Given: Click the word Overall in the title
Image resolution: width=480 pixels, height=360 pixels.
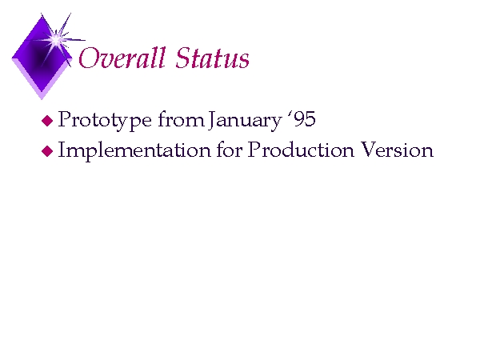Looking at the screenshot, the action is tap(122, 58).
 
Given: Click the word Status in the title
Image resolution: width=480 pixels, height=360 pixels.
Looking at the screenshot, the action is tap(213, 58).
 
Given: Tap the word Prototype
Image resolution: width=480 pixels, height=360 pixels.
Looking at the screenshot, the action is tap(105, 121).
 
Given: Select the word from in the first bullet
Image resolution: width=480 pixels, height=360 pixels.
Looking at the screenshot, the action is tap(181, 119).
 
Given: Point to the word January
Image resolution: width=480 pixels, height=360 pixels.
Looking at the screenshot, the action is tap(245, 121).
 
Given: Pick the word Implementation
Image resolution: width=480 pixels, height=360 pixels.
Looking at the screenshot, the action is tap(134, 150).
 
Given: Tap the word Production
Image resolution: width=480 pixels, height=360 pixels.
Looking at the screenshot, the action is tap(301, 150).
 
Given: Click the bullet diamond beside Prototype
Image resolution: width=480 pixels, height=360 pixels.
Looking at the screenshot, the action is tap(47, 121).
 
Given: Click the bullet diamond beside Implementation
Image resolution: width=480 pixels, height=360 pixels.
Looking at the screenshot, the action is tap(47, 151).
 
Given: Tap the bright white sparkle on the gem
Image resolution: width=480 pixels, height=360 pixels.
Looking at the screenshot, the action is tap(56, 40).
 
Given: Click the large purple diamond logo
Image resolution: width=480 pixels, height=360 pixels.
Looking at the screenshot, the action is tap(42, 58).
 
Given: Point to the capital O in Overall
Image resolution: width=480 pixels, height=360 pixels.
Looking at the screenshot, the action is tap(89, 58).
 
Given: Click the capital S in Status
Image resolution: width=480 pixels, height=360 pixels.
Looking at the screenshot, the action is tap(183, 58).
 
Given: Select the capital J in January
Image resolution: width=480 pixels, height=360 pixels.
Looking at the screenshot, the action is tap(212, 120).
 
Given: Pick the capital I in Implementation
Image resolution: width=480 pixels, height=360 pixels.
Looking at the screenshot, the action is tap(62, 150).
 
